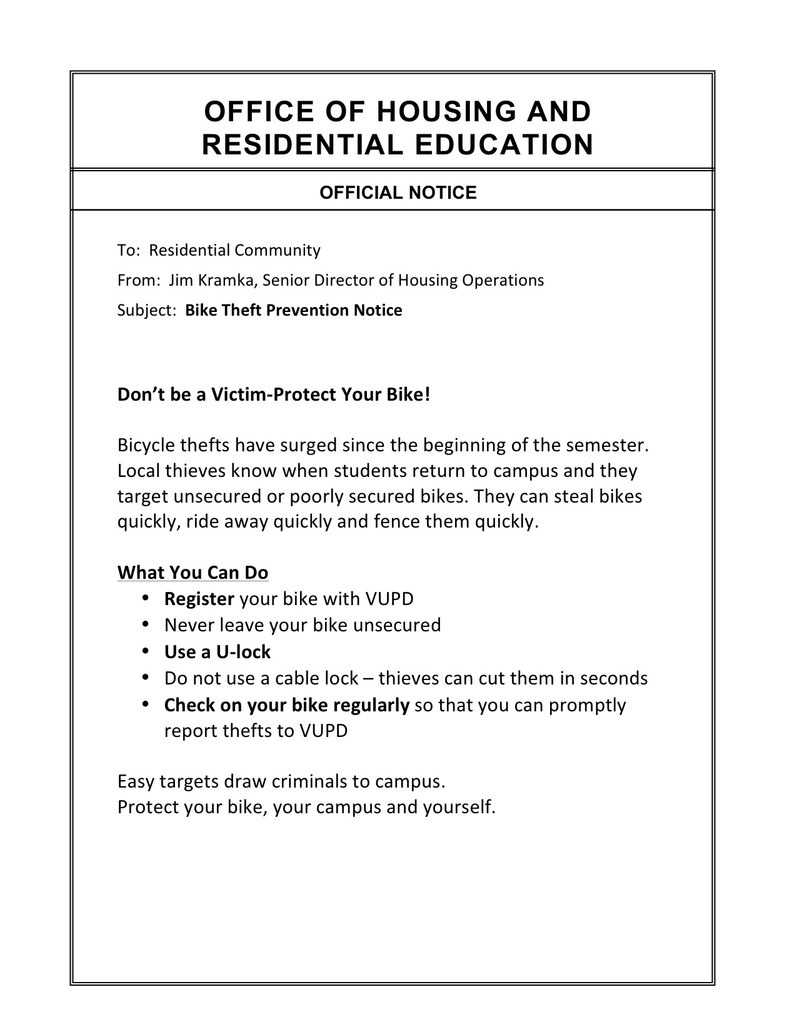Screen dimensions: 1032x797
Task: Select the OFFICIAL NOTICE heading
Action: pos(398,193)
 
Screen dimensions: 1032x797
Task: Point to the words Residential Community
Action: pos(234,251)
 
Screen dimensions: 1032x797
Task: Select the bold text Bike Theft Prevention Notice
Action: pos(294,310)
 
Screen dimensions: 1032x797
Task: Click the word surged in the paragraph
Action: pos(309,445)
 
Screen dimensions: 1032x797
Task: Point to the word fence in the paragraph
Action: pos(397,521)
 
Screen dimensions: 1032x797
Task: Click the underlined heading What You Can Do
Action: pos(193,573)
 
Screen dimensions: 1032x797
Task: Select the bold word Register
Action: pos(199,599)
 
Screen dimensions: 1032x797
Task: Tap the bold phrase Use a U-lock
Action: pos(217,652)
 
